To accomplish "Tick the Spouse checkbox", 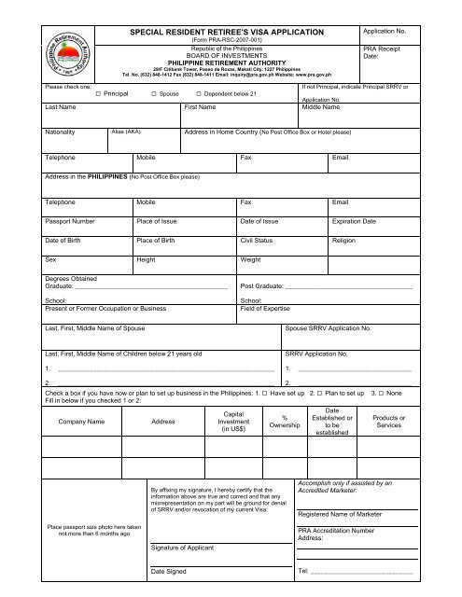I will click(154, 95).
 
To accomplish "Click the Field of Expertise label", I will click(272, 307).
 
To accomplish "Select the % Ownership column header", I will click(284, 422).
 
